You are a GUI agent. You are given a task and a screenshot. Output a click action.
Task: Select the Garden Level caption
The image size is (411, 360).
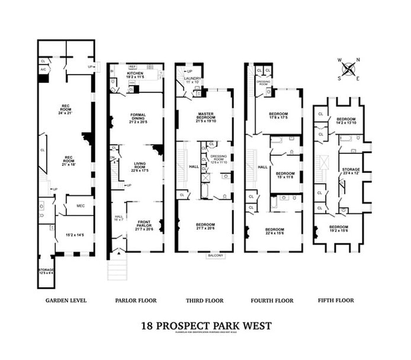(x=66, y=300)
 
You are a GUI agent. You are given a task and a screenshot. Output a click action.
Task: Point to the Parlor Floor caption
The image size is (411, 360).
(x=136, y=300)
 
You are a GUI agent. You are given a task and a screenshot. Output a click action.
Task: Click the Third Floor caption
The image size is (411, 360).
(x=204, y=300)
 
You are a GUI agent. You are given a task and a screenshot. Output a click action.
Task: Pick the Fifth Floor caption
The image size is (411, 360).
(x=336, y=300)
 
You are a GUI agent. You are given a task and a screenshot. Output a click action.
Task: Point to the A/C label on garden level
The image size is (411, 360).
(x=43, y=70)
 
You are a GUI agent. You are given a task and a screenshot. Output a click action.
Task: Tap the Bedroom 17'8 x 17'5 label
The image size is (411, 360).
(x=279, y=116)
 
